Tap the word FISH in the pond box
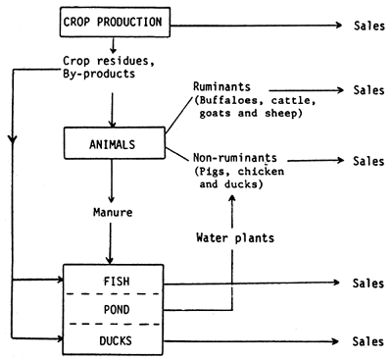coord(116,282)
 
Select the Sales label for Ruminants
coord(361,89)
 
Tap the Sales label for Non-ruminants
coord(361,159)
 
